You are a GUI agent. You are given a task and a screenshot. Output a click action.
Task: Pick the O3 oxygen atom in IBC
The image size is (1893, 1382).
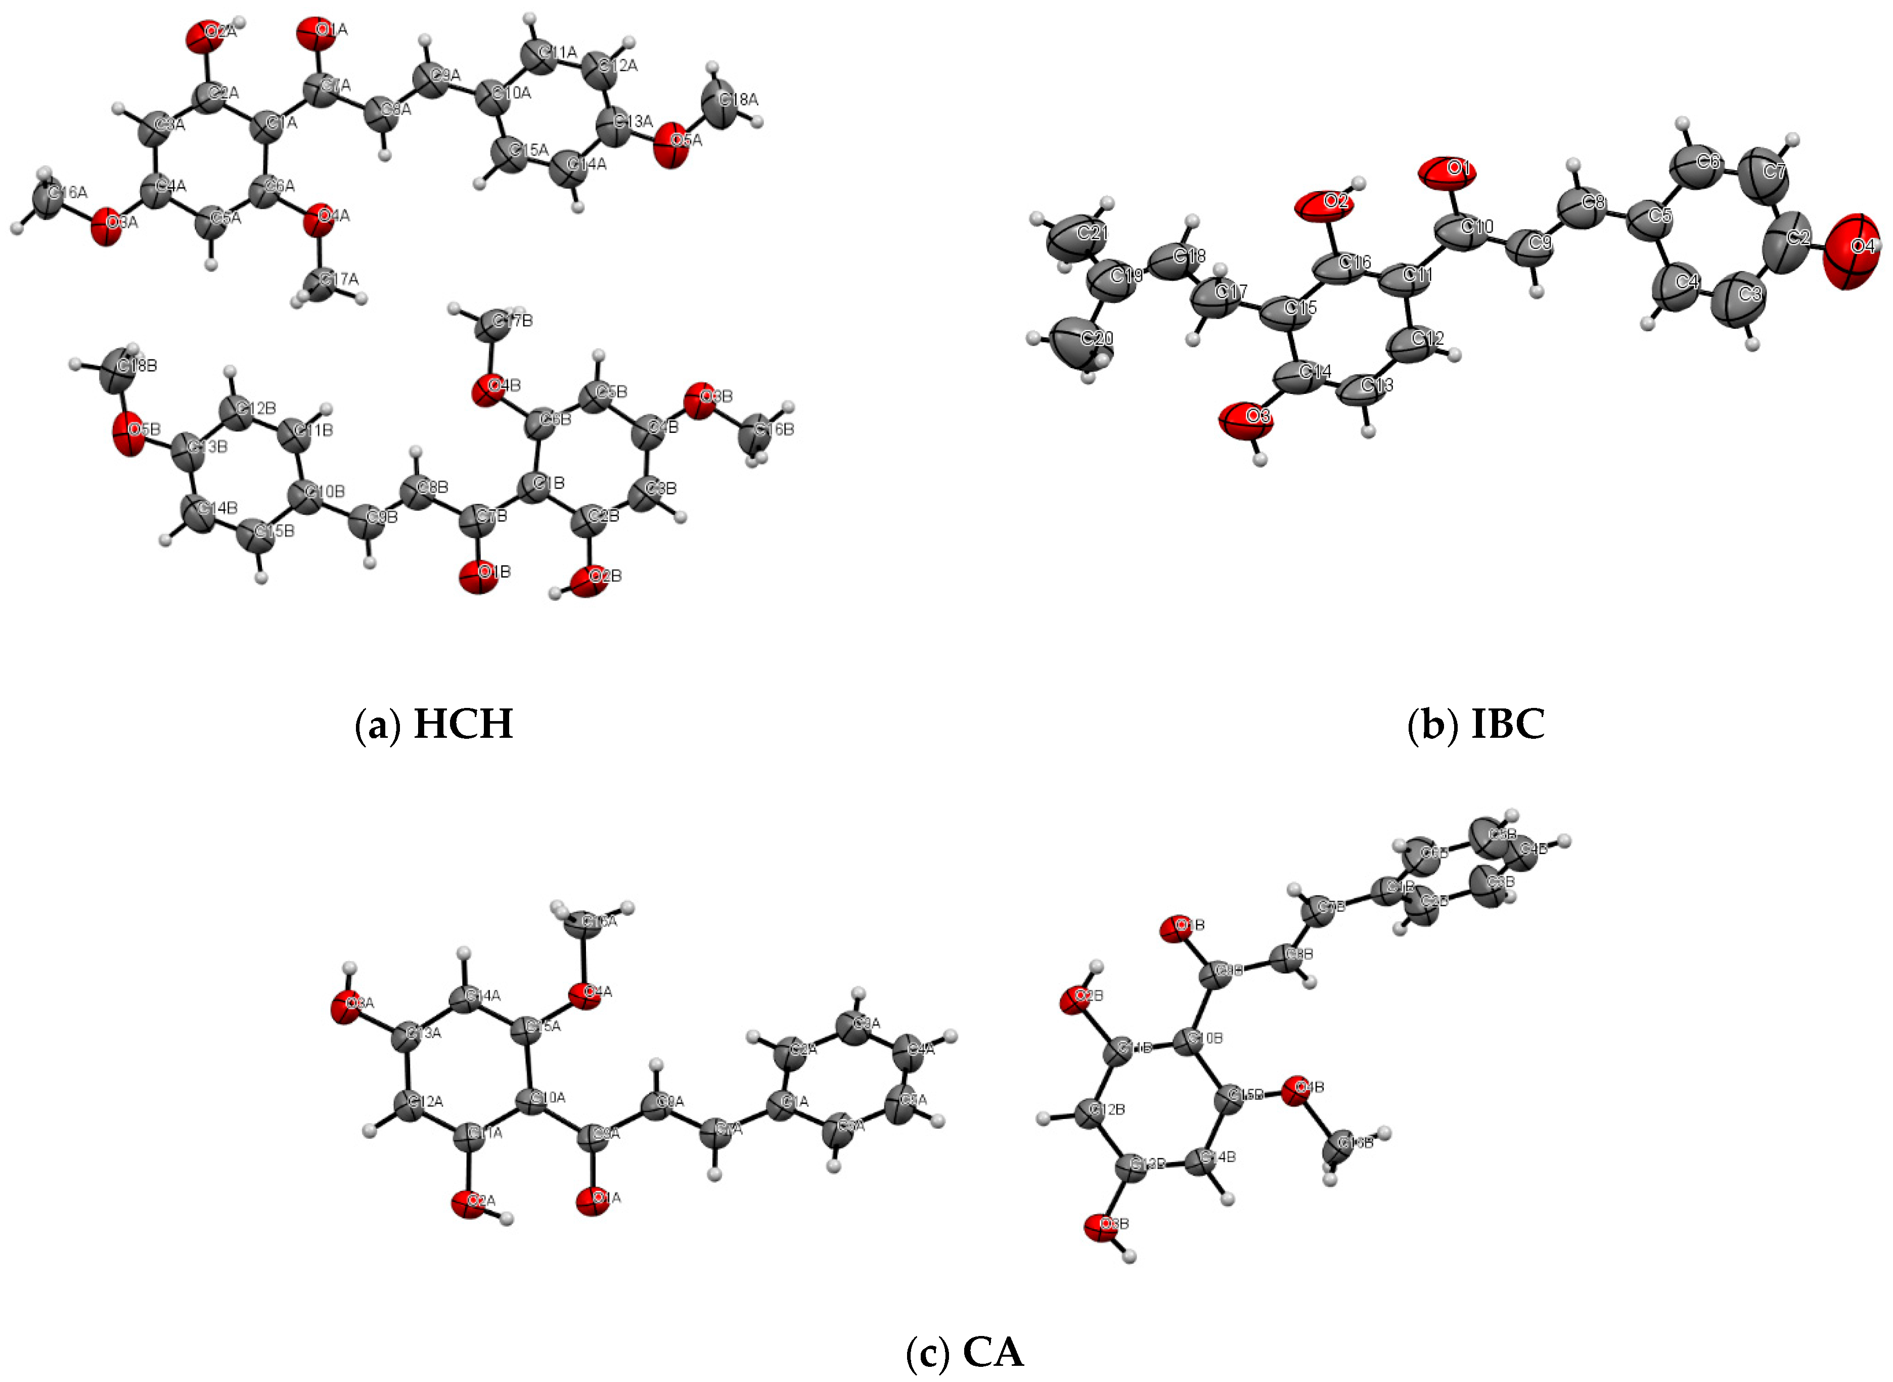click(x=1246, y=419)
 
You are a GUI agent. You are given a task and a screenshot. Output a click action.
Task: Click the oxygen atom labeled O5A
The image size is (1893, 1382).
click(x=673, y=146)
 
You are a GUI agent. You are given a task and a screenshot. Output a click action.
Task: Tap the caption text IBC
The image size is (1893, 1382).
click(x=1507, y=724)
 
